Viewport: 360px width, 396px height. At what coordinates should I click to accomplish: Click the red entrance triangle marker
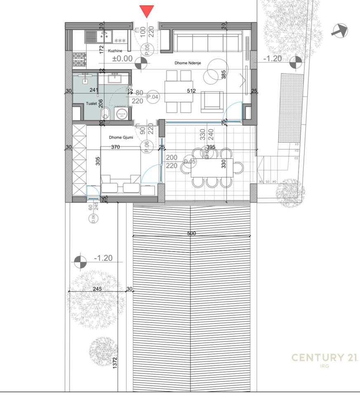point(147,11)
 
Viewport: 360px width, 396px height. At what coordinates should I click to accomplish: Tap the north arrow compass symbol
point(339,31)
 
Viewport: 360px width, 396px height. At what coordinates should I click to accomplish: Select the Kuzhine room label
point(115,51)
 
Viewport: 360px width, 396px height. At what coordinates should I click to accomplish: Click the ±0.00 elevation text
point(123,59)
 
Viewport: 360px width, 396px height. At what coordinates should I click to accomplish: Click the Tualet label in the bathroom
point(91,104)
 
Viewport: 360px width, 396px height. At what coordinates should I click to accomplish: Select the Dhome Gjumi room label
point(121,137)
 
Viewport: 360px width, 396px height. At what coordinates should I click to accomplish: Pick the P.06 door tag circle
point(146,146)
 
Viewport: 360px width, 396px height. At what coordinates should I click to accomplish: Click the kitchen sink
point(98,37)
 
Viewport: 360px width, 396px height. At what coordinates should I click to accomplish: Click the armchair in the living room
point(211,101)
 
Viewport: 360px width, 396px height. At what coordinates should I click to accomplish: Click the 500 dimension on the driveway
point(192,233)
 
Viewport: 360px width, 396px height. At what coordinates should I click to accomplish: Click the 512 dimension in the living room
point(191,91)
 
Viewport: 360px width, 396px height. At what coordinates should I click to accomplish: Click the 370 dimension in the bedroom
point(116,147)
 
